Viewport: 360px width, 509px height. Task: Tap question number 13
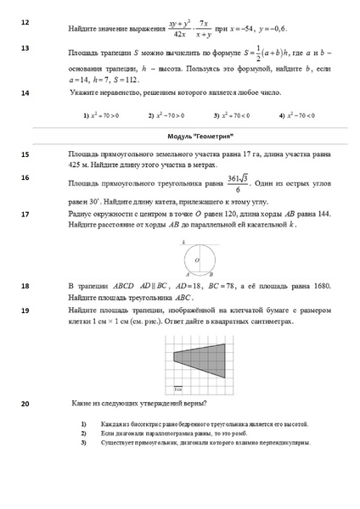click(x=24, y=49)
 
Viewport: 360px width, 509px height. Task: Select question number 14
click(x=24, y=92)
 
